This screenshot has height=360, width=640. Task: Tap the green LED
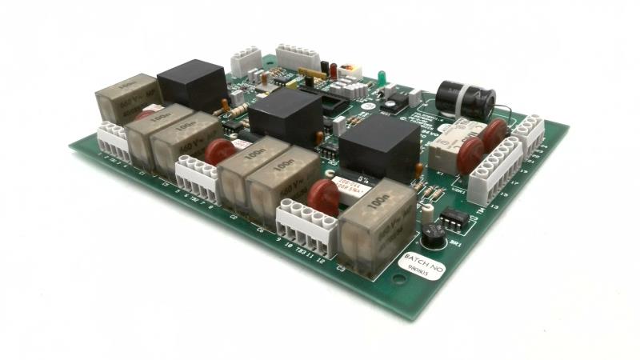pos(383,77)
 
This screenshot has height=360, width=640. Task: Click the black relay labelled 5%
pos(380,148)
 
